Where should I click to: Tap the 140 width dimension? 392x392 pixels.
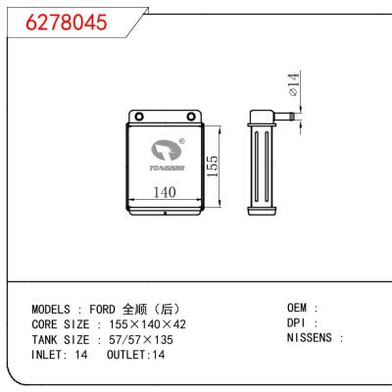coord(165,193)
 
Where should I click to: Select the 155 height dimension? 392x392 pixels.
coord(212,166)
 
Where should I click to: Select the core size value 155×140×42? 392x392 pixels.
coord(147,323)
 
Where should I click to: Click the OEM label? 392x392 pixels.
coord(299,308)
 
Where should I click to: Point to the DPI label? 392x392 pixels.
coord(299,322)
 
